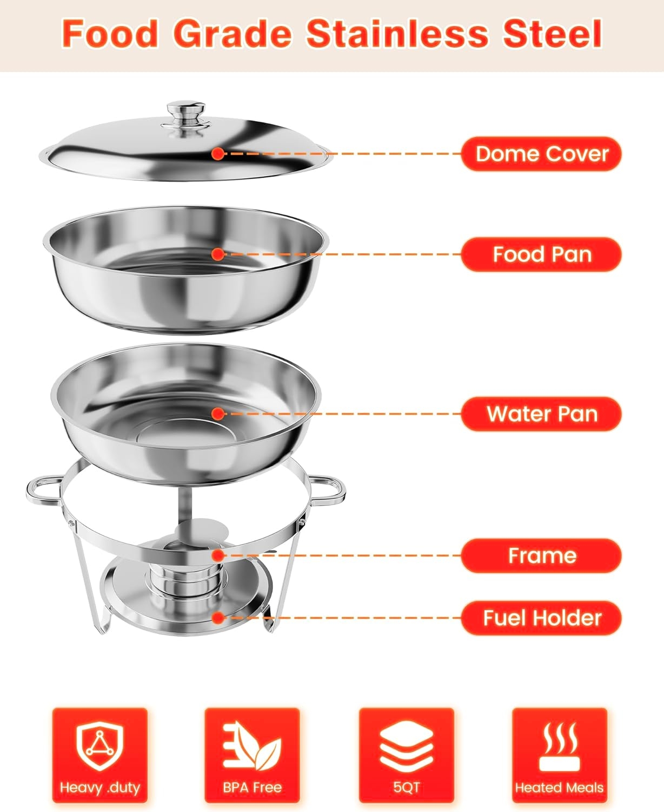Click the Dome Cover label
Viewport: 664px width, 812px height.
541,154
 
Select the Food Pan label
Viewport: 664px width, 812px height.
541,254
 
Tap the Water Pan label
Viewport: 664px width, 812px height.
541,414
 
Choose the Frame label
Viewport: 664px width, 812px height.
541,555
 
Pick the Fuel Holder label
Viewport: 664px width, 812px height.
541,618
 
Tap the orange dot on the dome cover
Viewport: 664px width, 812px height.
218,154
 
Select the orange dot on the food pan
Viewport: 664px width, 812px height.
218,254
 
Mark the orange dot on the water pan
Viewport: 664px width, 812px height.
218,414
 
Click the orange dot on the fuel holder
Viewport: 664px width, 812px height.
218,618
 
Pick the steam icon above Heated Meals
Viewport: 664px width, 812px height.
559,746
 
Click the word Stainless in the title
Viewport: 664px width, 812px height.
397,34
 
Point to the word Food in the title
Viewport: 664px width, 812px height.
110,34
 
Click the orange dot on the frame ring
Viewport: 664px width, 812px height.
218,555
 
